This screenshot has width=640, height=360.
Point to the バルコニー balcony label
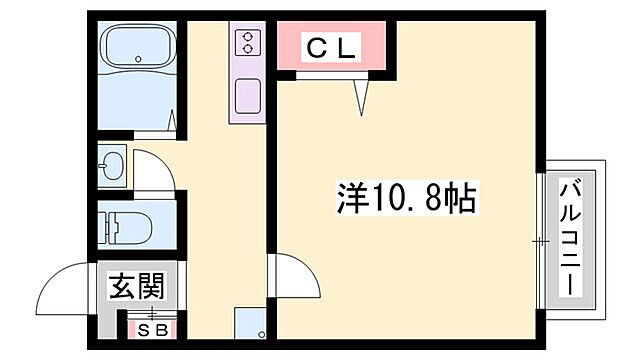click(571, 236)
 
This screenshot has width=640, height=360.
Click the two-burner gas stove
click(246, 43)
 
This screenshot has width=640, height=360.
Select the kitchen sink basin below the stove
click(246, 97)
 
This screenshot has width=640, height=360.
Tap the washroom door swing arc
click(155, 170)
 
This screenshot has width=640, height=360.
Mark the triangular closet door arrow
click(361, 96)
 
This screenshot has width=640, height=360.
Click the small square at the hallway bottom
click(249, 325)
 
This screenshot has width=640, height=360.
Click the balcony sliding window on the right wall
click(540, 239)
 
